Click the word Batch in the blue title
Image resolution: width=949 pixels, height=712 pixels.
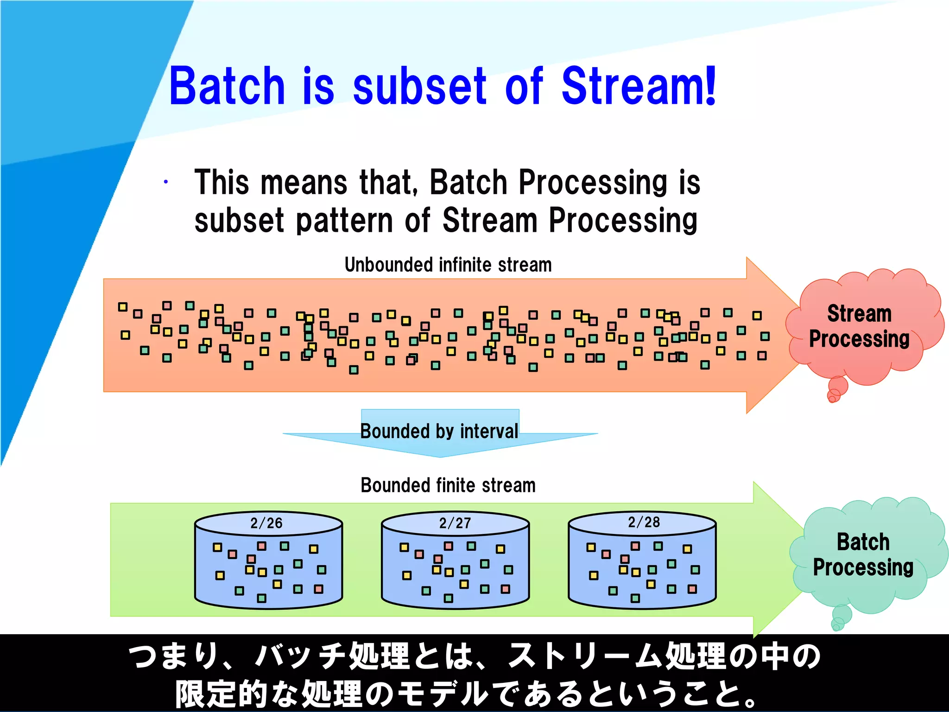(x=227, y=86)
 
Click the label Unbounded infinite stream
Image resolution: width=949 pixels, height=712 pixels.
(x=448, y=265)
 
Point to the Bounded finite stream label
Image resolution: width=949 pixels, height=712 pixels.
(x=448, y=486)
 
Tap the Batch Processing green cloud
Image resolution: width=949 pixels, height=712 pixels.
(x=865, y=554)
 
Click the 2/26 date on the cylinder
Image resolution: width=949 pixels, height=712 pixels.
(x=266, y=523)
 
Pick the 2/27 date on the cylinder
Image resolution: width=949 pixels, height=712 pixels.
(x=455, y=523)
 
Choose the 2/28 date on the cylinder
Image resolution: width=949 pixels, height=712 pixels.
(x=644, y=522)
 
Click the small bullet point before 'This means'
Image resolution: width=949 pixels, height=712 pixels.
(x=165, y=182)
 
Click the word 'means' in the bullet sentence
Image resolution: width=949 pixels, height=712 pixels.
(x=304, y=182)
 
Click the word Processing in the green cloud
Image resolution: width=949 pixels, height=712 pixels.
(x=863, y=567)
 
